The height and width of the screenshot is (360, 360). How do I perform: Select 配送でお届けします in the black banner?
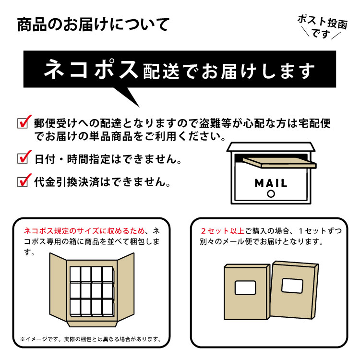pos(229,72)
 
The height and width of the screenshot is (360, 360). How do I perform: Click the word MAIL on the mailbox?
pos(271,183)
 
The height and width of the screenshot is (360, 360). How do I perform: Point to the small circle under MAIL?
pos(271,194)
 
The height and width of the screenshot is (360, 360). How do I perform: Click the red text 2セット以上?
pos(222,230)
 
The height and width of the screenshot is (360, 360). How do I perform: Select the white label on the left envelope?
pos(245,288)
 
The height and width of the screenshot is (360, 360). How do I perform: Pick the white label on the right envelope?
pos(292,285)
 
